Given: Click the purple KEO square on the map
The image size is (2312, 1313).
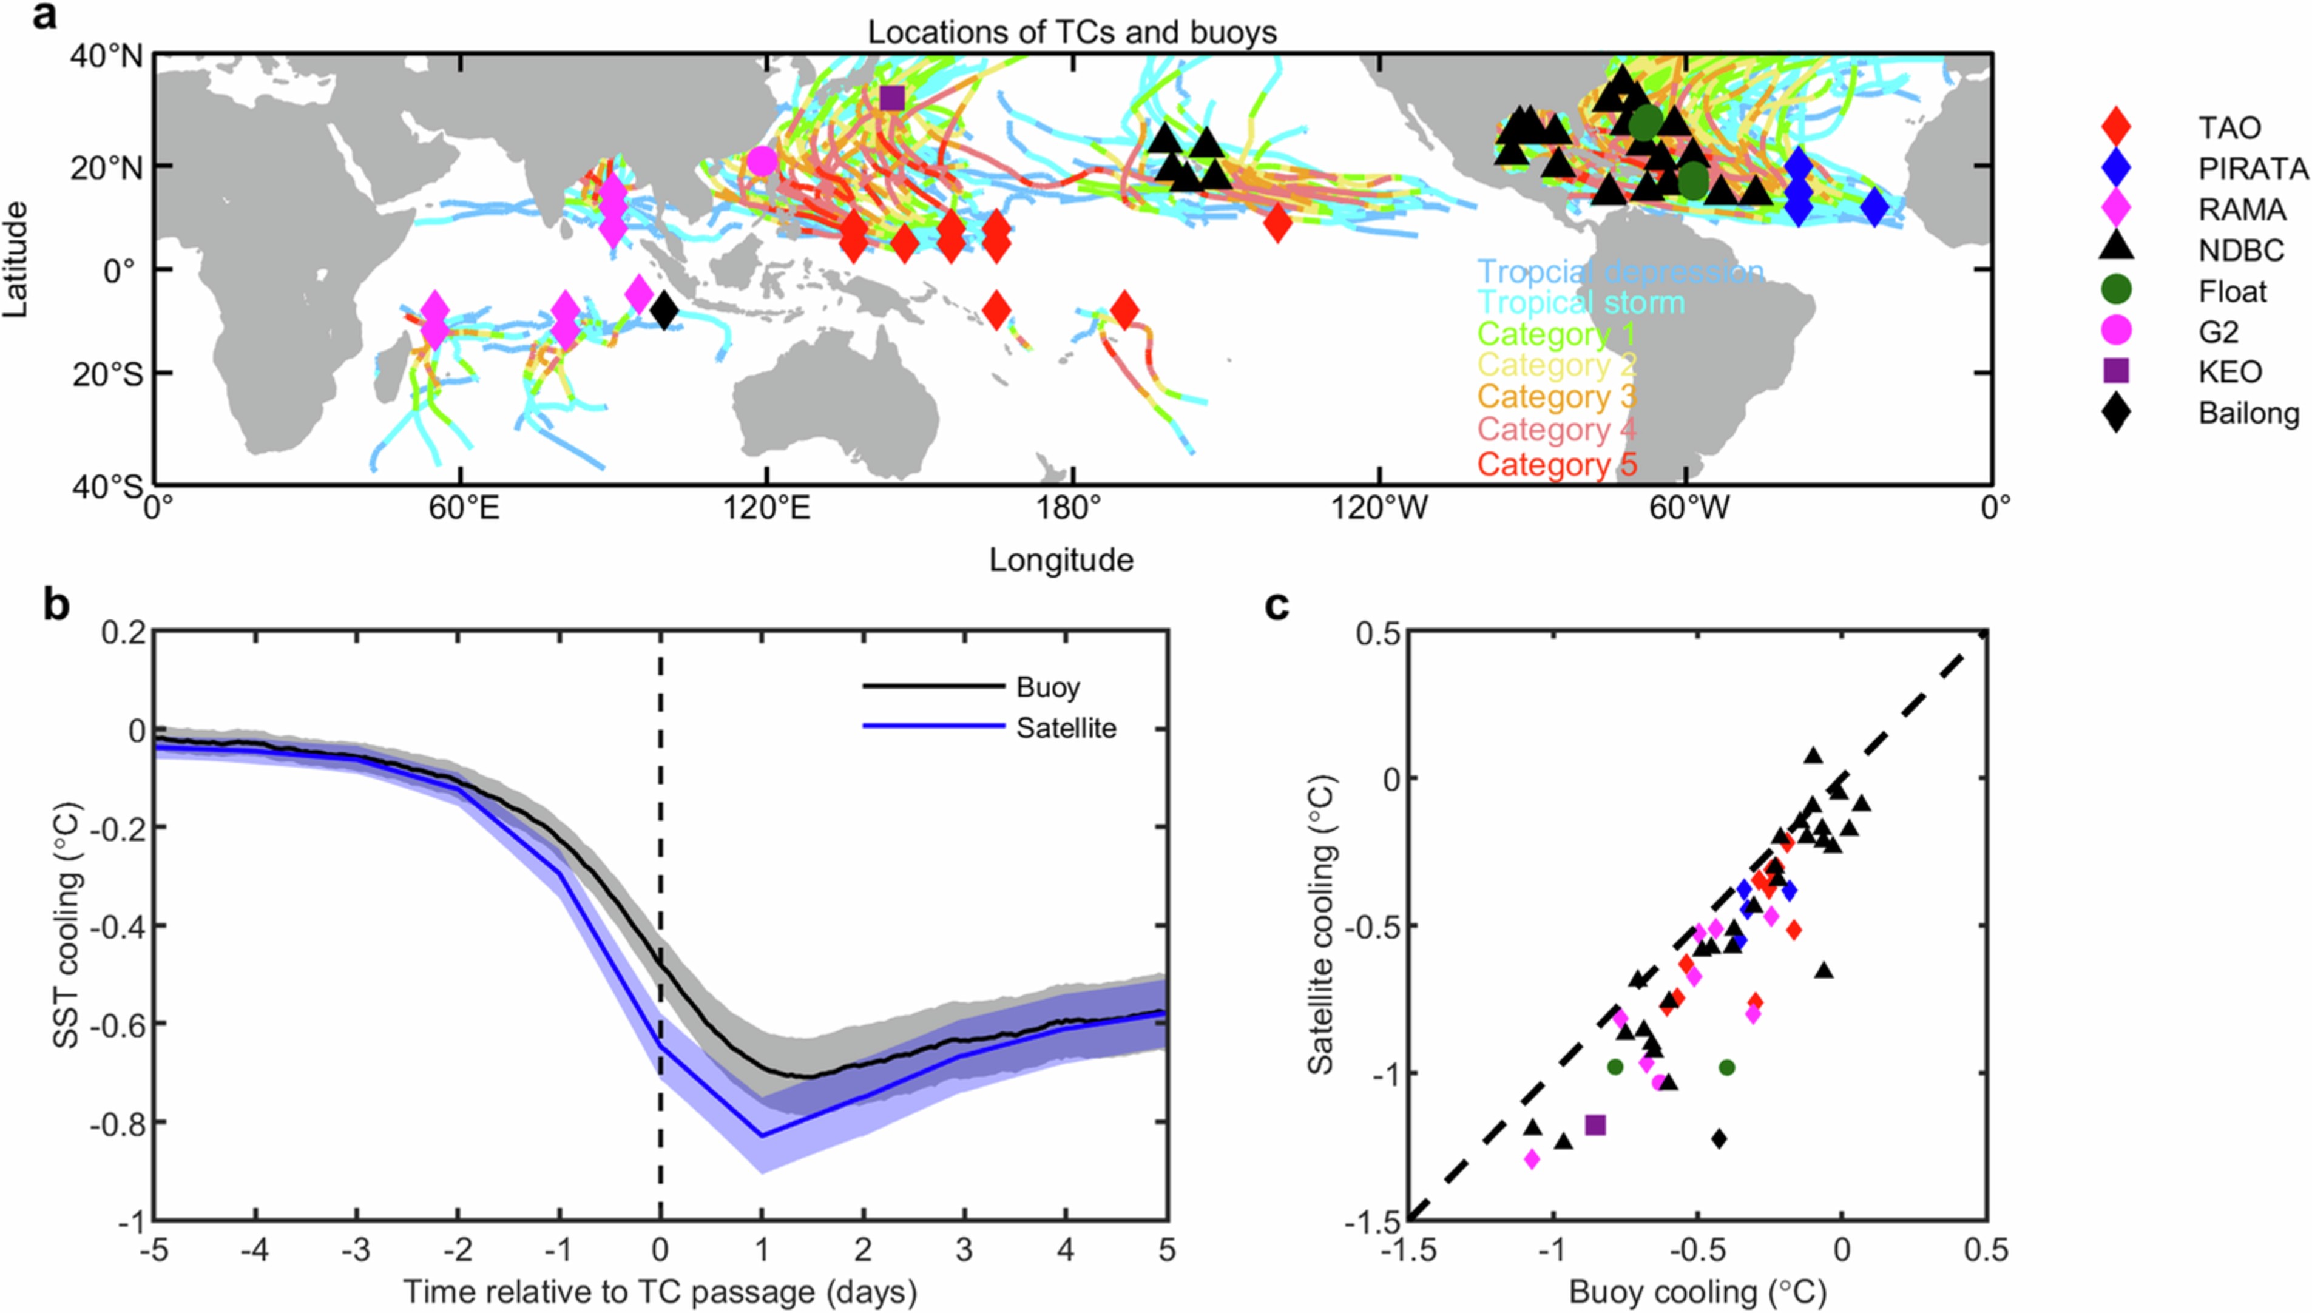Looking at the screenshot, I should [891, 98].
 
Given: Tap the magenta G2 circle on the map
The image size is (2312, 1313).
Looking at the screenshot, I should [762, 161].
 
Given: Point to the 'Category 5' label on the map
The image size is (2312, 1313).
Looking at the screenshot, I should [1557, 464].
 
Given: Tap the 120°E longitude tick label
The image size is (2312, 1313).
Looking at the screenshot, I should [766, 510].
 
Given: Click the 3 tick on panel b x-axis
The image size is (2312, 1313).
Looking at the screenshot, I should [965, 1250].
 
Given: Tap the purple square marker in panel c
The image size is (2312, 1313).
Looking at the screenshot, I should [1595, 1124].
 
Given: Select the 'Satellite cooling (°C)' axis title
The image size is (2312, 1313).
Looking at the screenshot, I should [1321, 926].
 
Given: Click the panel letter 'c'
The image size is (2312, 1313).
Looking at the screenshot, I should [1276, 606].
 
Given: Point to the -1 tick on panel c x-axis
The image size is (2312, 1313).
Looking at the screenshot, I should [1551, 1251].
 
